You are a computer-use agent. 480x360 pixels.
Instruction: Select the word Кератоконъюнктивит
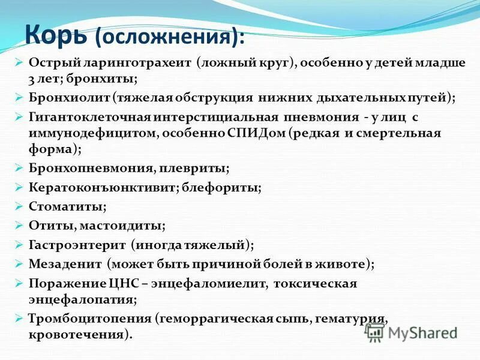pyautogui.click(x=102, y=188)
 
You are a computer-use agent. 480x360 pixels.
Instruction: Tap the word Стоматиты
pyautogui.click(x=67, y=206)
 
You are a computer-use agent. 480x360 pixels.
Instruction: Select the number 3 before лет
pyautogui.click(x=32, y=79)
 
